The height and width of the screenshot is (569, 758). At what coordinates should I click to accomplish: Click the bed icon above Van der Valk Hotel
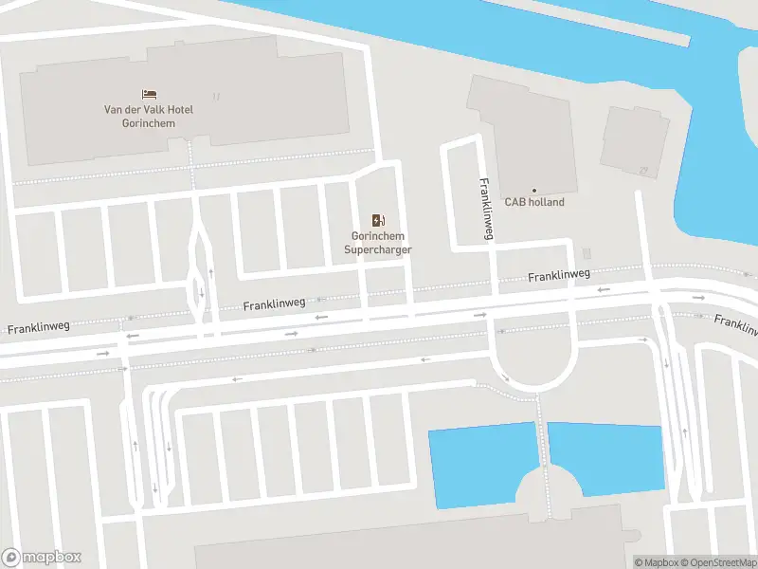click(149, 94)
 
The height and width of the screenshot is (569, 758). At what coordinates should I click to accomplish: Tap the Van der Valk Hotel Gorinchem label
click(149, 116)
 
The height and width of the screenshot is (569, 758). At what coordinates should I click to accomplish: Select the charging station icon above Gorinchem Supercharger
click(378, 220)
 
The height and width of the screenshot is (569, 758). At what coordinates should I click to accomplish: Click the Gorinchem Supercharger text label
click(378, 243)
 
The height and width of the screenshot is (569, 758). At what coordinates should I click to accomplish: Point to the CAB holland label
click(533, 202)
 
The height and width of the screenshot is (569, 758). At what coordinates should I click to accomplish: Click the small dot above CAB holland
click(533, 191)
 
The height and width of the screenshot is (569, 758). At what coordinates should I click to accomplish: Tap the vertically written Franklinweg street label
click(485, 209)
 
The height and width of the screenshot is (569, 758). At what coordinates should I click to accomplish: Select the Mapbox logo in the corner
click(42, 557)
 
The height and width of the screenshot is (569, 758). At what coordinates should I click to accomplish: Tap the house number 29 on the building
click(643, 171)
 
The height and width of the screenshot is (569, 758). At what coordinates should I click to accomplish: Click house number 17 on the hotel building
click(216, 96)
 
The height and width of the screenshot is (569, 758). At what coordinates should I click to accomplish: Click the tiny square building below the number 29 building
click(586, 253)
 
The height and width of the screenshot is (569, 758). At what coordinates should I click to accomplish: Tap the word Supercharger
click(378, 249)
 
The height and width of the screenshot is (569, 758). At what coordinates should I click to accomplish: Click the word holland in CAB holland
click(547, 202)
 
